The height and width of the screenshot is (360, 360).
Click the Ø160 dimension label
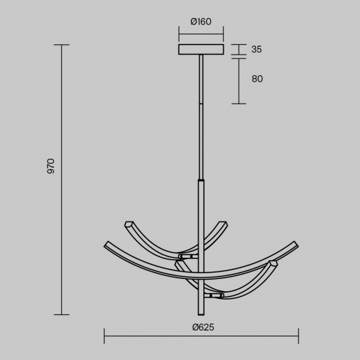click(201, 22)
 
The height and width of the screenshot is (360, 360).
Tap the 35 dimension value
click(256, 50)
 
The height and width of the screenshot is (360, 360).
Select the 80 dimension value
click(257, 78)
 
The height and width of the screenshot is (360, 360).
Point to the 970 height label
click(51, 166)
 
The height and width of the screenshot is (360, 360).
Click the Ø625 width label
click(203, 327)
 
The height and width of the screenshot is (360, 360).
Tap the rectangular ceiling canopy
click(201, 50)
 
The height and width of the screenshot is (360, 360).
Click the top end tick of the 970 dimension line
click(62, 45)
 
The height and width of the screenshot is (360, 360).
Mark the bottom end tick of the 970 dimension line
click(62, 314)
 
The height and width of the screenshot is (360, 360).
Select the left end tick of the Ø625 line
click(104, 336)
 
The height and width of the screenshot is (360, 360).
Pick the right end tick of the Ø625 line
click(298, 336)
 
